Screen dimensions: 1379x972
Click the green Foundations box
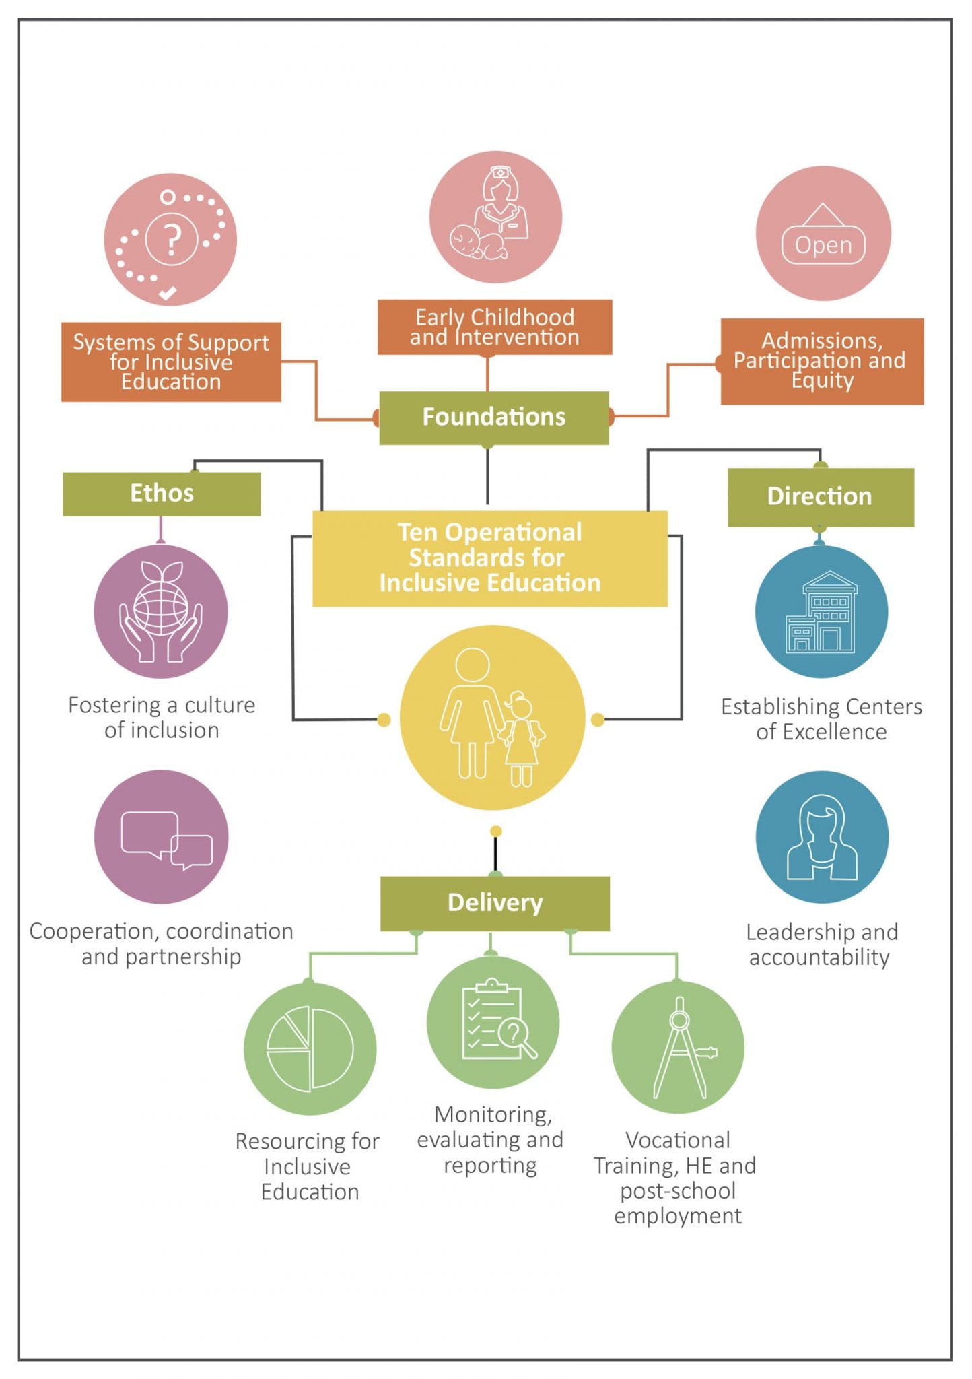[x=493, y=417]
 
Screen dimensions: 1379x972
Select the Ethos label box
[x=162, y=494]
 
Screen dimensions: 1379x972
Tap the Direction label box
[x=820, y=497]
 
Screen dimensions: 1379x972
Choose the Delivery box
[x=495, y=903]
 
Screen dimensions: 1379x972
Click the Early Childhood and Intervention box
[x=495, y=327]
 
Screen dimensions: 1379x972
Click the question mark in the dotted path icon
[x=172, y=238]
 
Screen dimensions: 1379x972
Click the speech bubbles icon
[x=166, y=839]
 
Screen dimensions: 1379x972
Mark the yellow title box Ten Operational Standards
[x=489, y=558]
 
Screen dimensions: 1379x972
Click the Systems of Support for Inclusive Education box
[x=171, y=362]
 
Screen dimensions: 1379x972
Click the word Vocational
[x=677, y=1140]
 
